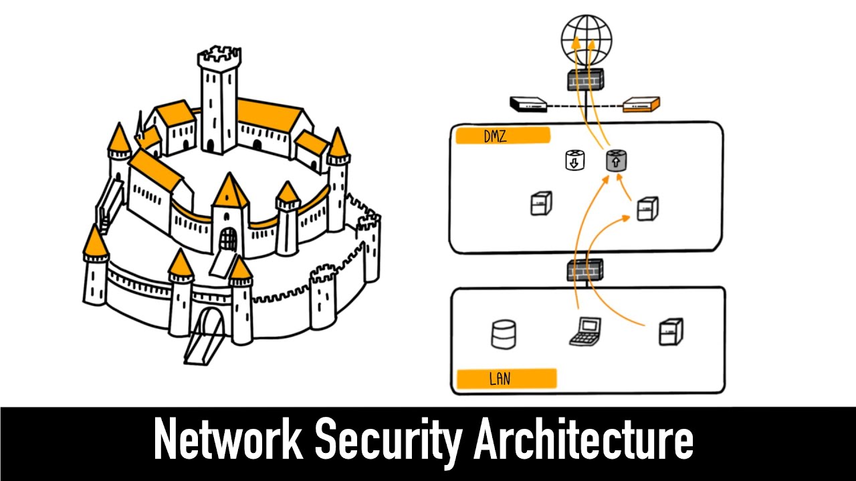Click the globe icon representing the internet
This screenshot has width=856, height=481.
click(x=586, y=37)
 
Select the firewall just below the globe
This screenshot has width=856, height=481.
click(x=586, y=79)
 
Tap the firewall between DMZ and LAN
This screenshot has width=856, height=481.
click(x=584, y=270)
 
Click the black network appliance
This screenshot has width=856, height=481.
click(x=529, y=104)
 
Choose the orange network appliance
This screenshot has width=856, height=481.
click(x=641, y=104)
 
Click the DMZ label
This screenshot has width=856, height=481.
click(x=502, y=136)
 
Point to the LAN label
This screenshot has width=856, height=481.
click(x=505, y=379)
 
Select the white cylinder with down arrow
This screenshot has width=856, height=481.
click(x=575, y=160)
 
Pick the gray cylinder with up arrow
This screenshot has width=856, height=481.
click(x=616, y=160)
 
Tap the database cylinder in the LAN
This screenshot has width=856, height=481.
click(x=504, y=334)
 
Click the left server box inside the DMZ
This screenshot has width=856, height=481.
click(x=541, y=203)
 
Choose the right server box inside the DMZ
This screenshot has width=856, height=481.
click(x=647, y=208)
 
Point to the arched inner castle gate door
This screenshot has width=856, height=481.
click(x=228, y=238)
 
